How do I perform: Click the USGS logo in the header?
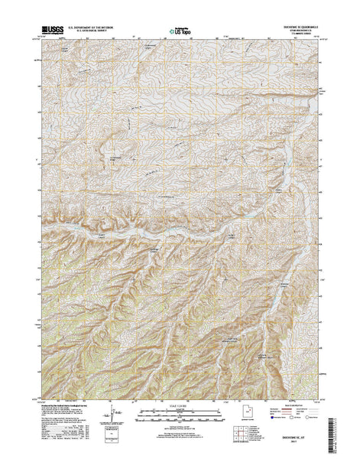[x=54, y=29]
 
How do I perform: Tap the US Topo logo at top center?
[x=180, y=32]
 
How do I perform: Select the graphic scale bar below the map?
[x=180, y=418]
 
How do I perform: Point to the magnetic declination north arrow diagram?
[x=115, y=418]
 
